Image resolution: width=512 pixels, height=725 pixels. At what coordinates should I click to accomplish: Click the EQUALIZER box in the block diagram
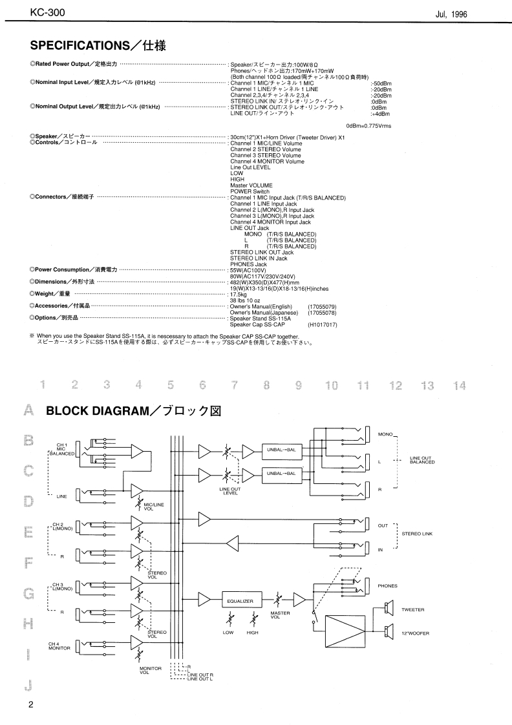(240, 601)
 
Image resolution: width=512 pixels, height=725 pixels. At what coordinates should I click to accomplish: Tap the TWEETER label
(413, 609)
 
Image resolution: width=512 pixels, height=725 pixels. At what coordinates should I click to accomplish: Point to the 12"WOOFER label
(414, 633)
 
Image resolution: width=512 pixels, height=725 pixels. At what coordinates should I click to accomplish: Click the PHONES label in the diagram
(388, 586)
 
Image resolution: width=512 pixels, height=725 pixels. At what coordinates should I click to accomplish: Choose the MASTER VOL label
(279, 616)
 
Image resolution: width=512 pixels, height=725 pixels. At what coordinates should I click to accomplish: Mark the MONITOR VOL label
(144, 671)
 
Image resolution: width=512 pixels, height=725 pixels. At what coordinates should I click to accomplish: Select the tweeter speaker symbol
(389, 608)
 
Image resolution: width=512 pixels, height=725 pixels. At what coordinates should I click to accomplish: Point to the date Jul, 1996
(451, 14)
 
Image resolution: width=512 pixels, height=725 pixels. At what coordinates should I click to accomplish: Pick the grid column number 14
(459, 386)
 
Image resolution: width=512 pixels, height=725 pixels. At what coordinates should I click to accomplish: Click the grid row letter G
(28, 593)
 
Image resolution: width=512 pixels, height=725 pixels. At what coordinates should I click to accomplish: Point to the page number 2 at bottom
(30, 705)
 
